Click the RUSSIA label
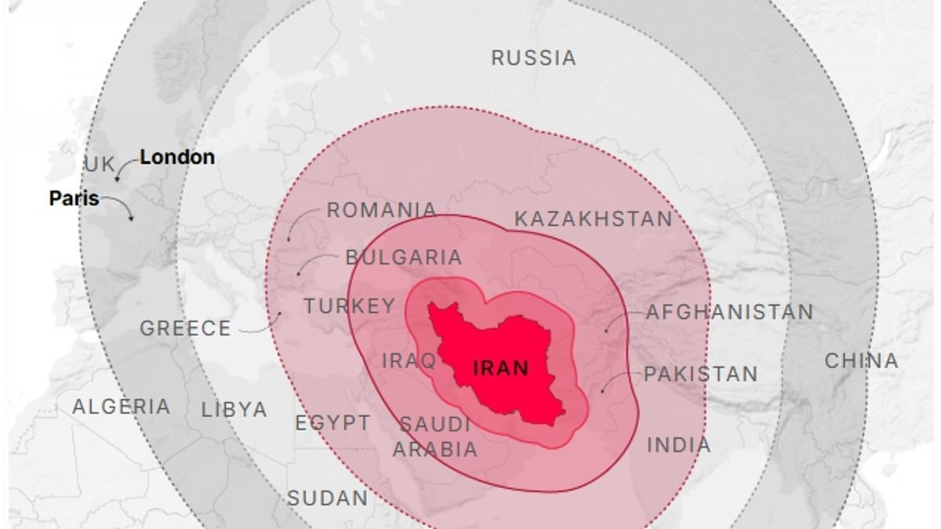click(533, 58)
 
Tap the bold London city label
click(177, 157)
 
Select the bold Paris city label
click(74, 198)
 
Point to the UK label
click(100, 165)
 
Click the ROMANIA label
click(382, 211)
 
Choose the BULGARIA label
click(404, 257)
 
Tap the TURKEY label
click(350, 306)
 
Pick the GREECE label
click(186, 328)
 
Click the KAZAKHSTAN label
click(594, 219)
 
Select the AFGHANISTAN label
click(729, 312)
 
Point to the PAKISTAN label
click(700, 375)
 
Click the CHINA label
click(861, 361)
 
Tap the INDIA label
click(679, 445)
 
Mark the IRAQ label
click(409, 361)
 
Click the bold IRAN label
click(501, 368)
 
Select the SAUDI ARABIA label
click(435, 437)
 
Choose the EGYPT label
click(332, 423)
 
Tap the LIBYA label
click(234, 409)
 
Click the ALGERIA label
click(122, 407)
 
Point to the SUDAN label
click(328, 498)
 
